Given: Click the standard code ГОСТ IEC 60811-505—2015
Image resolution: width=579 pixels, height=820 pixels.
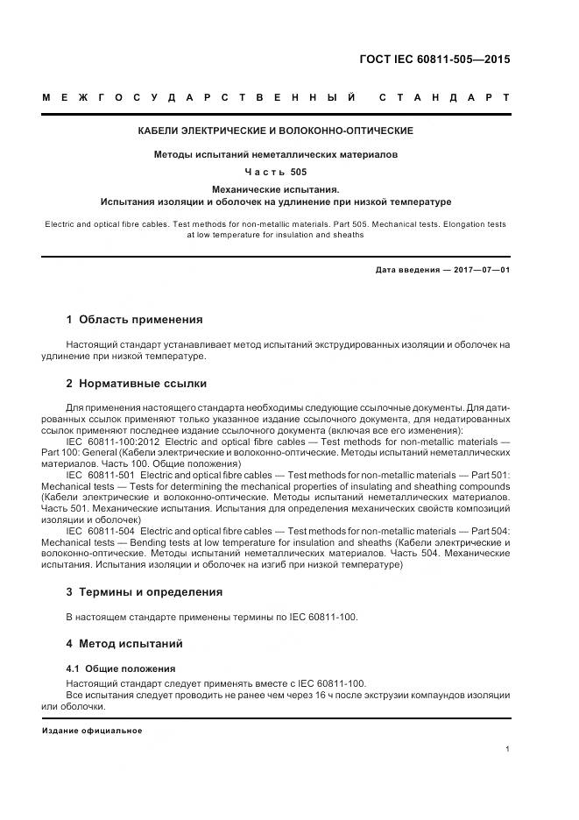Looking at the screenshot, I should coord(434,60).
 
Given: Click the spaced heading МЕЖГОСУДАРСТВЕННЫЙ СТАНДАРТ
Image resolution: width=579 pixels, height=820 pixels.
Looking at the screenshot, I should coord(276,98).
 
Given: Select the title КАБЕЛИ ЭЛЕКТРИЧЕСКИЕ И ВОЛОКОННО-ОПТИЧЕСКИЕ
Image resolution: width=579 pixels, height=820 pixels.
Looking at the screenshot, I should coord(276,131).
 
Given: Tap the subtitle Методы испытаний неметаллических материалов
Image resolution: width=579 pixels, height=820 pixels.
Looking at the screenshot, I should coord(276,154).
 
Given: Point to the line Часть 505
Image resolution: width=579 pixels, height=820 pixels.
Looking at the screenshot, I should coord(276,172).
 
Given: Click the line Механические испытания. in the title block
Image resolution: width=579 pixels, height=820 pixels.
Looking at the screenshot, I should coord(276,189).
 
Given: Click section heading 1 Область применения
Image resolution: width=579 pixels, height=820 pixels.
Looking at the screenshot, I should coord(134,319).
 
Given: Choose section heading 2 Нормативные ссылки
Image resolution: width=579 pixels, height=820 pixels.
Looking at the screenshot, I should coord(136,384).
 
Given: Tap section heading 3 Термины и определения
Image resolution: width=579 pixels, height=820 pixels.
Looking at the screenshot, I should coord(145,592).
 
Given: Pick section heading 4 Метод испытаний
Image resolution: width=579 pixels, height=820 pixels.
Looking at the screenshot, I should coord(124,644).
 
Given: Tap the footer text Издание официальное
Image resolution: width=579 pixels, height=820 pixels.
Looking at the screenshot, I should coord(92,731).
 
